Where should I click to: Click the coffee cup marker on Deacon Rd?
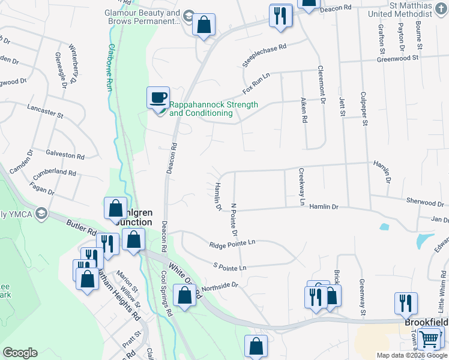pyautogui.click(x=158, y=97)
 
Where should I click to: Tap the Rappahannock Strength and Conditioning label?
pyautogui.click(x=214, y=109)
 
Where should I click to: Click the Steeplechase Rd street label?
pyautogui.click(x=265, y=54)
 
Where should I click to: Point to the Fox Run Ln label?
pyautogui.click(x=257, y=83)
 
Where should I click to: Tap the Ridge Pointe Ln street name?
pyautogui.click(x=232, y=244)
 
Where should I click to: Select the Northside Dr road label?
pyautogui.click(x=220, y=287)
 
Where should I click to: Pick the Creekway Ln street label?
pyautogui.click(x=301, y=187)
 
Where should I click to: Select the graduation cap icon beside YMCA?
pyautogui.click(x=41, y=213)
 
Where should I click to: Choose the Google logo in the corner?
pyautogui.click(x=20, y=353)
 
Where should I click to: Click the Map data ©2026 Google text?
pyautogui.click(x=411, y=355)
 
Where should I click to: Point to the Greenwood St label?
pyautogui.click(x=397, y=58)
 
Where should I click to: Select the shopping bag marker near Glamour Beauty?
pyautogui.click(x=204, y=25)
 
